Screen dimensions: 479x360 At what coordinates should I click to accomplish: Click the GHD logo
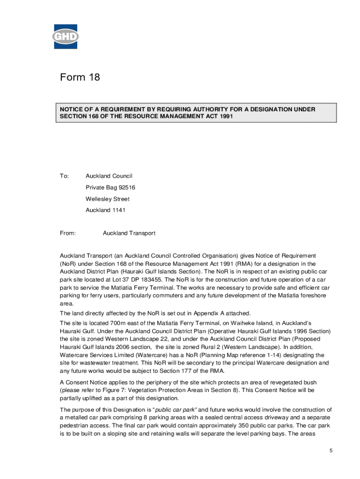point(65,36)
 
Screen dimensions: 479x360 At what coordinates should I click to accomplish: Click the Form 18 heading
point(80,77)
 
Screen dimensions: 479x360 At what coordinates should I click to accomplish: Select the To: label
point(64,176)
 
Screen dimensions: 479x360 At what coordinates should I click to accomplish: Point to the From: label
point(68,233)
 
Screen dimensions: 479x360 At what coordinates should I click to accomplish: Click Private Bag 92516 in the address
point(110,188)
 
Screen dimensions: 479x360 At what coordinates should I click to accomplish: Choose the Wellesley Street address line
point(108,199)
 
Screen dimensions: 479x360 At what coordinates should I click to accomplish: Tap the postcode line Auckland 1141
point(105,210)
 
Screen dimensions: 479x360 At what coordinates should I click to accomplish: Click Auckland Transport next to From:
point(129,233)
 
